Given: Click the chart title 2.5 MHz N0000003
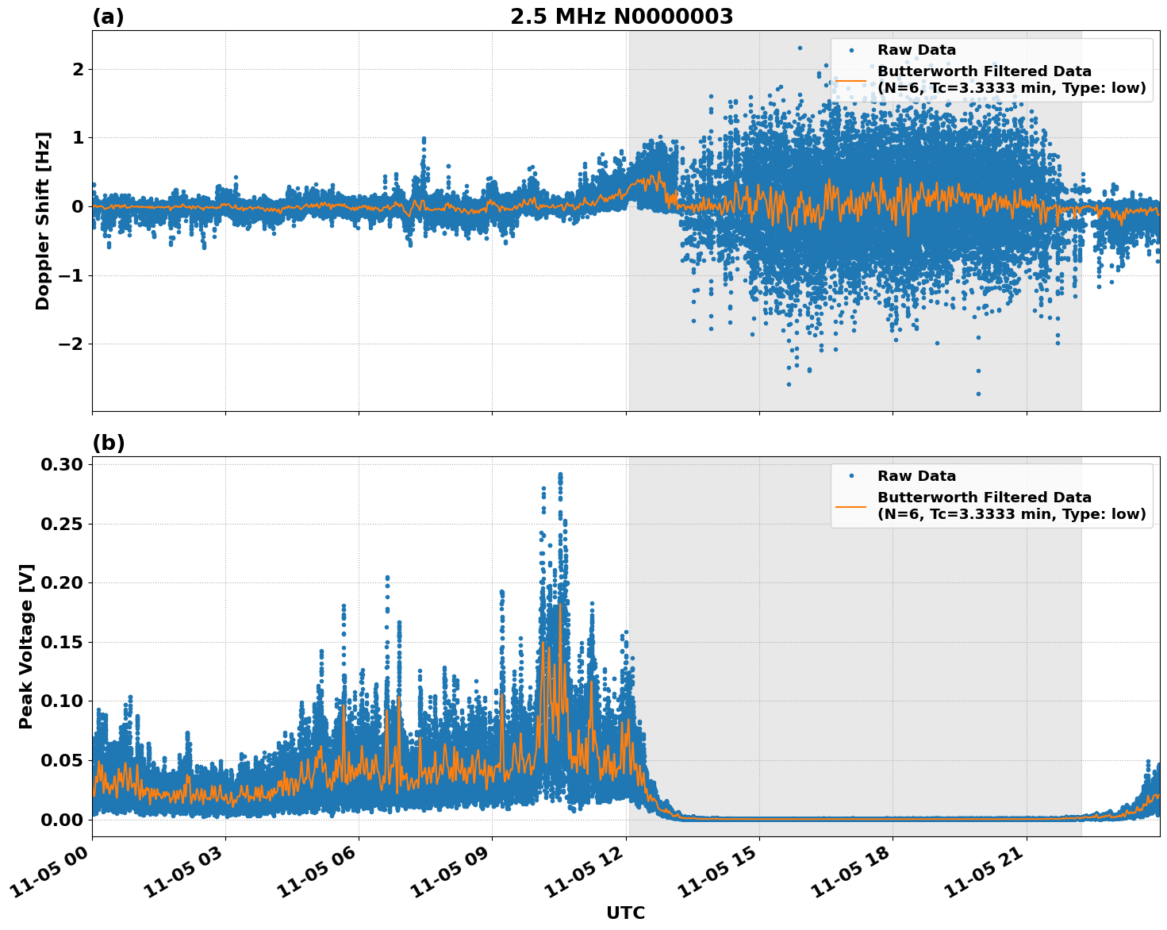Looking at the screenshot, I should (x=621, y=17).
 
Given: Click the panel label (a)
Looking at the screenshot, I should (x=108, y=17).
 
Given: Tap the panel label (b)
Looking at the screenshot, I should (x=109, y=443).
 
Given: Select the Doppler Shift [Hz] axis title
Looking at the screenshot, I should (x=43, y=221).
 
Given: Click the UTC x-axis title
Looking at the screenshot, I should (x=625, y=913).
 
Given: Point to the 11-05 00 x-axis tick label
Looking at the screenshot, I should (x=54, y=874).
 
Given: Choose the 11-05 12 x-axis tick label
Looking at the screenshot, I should (x=588, y=874).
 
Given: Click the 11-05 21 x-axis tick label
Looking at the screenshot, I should (x=988, y=874).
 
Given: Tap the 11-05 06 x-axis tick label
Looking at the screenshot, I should (x=321, y=874).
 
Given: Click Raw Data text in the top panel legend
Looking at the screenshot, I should (x=916, y=50).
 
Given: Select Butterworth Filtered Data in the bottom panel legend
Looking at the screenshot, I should (x=984, y=498).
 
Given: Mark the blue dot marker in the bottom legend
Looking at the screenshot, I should (x=851, y=476).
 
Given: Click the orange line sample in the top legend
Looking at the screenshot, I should (x=851, y=79).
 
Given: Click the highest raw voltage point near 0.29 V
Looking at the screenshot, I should (x=560, y=475).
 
